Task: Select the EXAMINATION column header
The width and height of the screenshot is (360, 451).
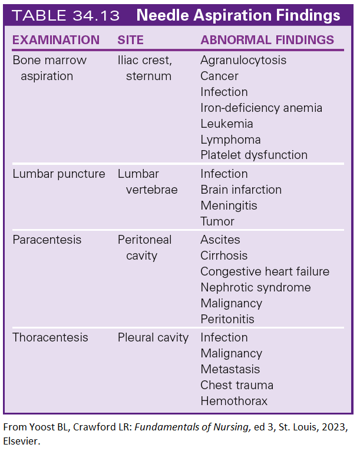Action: coord(56,41)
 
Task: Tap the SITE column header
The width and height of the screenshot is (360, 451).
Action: coord(131,41)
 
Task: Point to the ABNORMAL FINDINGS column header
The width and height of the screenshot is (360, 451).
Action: coord(267,41)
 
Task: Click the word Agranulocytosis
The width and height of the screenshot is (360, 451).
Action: coord(243,60)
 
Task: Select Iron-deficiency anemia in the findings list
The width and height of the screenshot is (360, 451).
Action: coord(261,108)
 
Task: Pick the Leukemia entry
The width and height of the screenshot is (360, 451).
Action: coord(227,124)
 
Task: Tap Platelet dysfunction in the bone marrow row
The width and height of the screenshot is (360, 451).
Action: coord(254,155)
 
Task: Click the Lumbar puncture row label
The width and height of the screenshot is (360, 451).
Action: coord(59,174)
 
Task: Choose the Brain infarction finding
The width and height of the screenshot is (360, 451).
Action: coord(241,190)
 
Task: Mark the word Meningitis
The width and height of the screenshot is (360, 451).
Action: coord(229,205)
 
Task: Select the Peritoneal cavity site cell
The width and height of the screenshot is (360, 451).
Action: coord(144,248)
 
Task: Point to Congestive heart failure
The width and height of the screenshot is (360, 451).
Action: coord(265,271)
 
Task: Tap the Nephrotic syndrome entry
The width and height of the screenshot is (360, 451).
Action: coord(256,287)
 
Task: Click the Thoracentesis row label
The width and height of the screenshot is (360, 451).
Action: coord(51,337)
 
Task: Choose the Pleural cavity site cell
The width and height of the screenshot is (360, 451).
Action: coord(153,337)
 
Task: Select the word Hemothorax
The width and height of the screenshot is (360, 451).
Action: coord(234,401)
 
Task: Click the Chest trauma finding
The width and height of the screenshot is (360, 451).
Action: coord(237,385)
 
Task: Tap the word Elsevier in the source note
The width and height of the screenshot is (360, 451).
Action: coord(22,440)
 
